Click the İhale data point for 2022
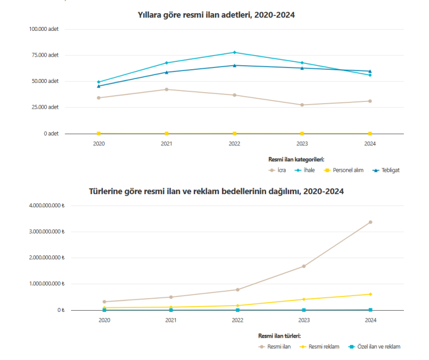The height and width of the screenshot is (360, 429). (x=235, y=53)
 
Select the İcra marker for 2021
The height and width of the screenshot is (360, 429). (x=166, y=89)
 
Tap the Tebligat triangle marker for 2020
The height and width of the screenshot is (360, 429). (x=99, y=86)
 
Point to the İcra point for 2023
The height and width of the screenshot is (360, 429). (x=302, y=105)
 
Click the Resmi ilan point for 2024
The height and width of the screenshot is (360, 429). (x=370, y=222)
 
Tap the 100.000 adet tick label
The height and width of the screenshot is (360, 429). (x=43, y=29)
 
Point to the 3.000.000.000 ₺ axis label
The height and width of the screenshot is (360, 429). (x=44, y=232)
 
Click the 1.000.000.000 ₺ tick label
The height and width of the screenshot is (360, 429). (x=44, y=284)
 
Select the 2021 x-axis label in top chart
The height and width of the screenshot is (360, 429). (x=166, y=144)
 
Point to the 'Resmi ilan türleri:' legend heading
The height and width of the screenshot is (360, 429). (x=279, y=336)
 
